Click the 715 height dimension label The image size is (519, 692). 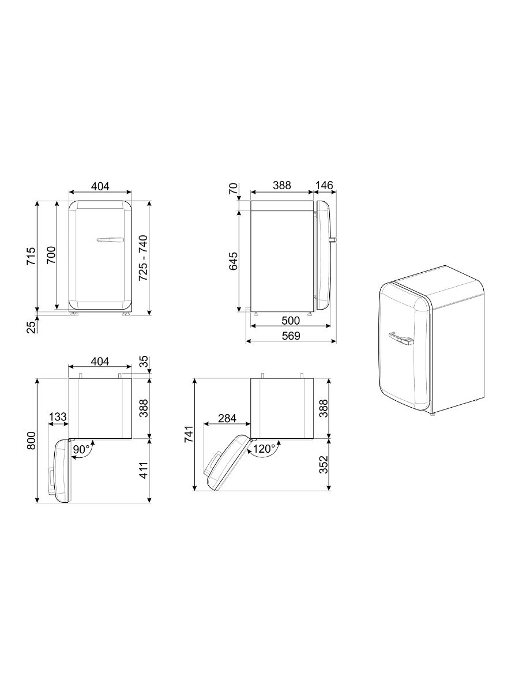(x=31, y=256)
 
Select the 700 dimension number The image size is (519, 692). (x=51, y=255)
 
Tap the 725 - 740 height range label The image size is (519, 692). (x=143, y=258)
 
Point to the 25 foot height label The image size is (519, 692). (x=31, y=327)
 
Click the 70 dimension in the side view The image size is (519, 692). (x=233, y=189)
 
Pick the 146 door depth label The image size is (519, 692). (x=324, y=186)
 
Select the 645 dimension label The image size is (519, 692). (x=233, y=261)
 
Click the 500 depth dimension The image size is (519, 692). (x=291, y=321)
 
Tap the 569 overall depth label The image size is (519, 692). (x=291, y=336)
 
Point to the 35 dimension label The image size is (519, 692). (x=144, y=362)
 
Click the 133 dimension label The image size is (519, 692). (x=58, y=416)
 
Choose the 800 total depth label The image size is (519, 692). (x=31, y=441)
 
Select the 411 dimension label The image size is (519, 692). (x=144, y=470)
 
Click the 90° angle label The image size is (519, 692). (x=81, y=449)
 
